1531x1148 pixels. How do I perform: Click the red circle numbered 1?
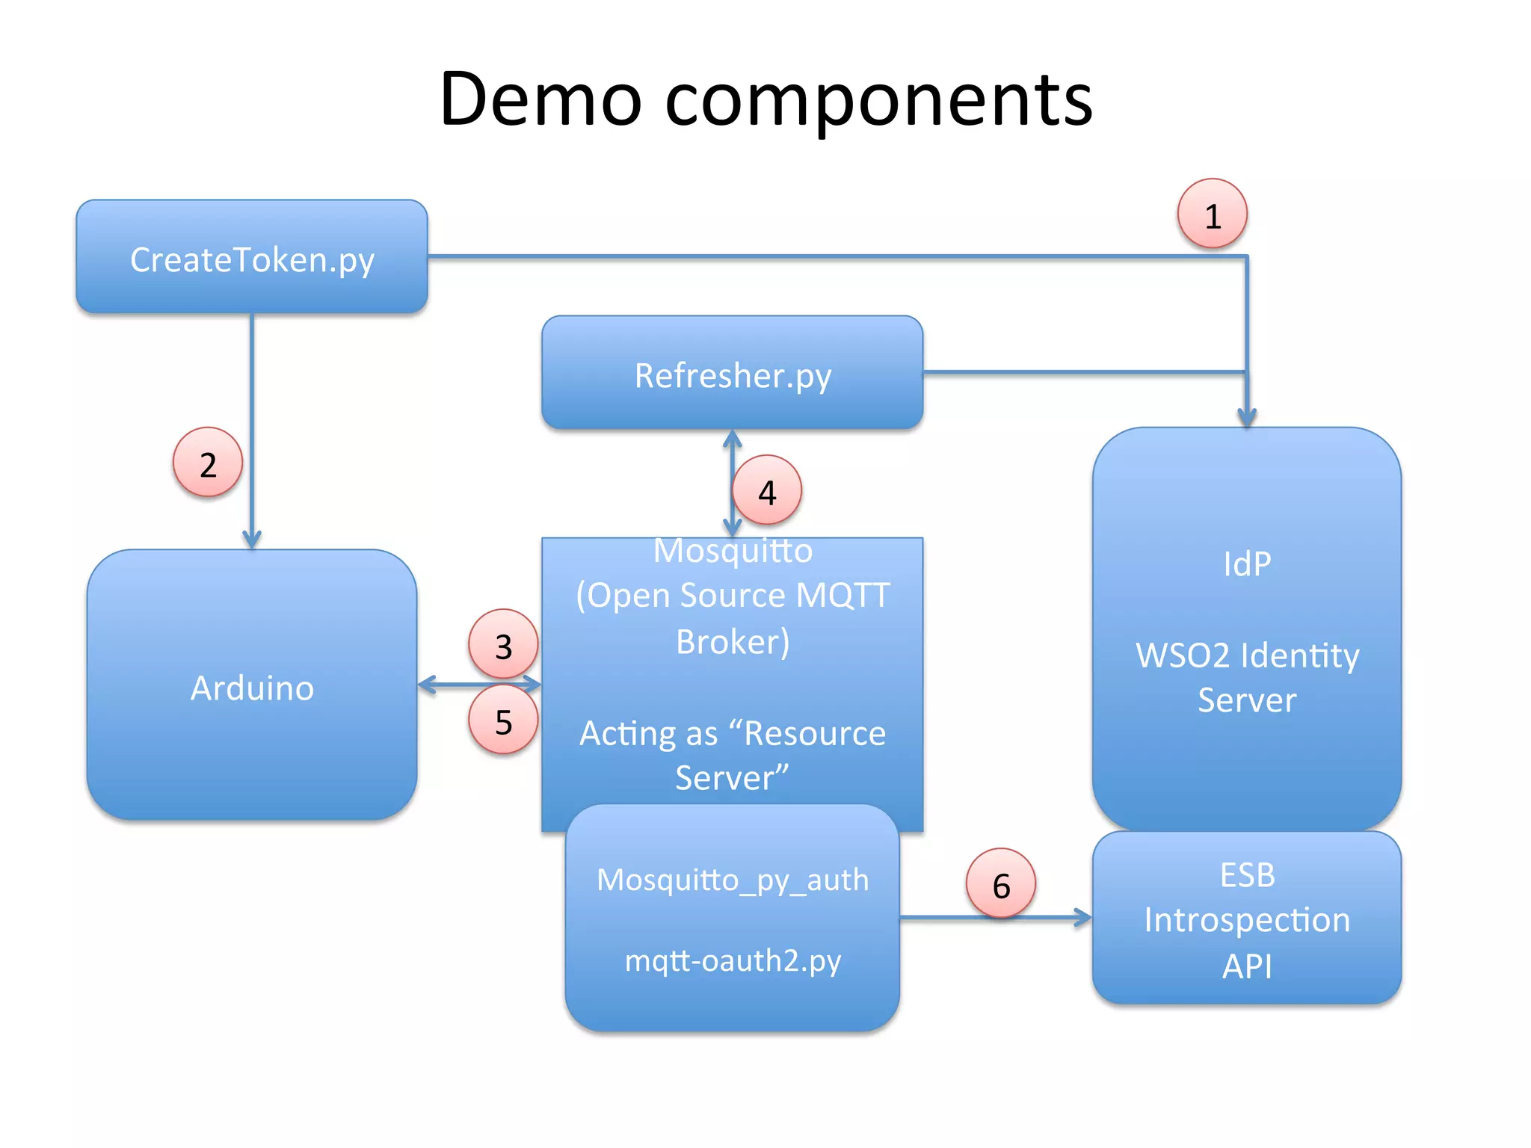coord(1212,214)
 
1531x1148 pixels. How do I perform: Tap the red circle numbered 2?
coord(208,463)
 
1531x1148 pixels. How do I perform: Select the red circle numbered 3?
coord(503,644)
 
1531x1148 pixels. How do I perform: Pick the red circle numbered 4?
coord(767,490)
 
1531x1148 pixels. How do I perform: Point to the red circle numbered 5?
coord(503,720)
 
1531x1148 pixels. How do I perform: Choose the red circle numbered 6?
coord(1001,883)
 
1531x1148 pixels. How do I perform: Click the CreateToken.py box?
coord(252,257)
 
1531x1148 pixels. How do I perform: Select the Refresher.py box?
coord(732,373)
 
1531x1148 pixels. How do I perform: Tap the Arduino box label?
coord(252,687)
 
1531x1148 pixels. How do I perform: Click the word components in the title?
coord(878,101)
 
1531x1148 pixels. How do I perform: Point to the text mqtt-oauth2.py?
coord(733,960)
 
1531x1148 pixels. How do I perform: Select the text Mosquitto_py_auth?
coord(733,880)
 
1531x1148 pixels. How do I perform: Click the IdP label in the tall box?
coord(1246,563)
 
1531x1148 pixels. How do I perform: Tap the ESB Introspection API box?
coord(1246,919)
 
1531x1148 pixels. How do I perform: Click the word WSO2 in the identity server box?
coord(1183,655)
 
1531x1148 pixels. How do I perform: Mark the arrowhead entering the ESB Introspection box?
coord(1083,917)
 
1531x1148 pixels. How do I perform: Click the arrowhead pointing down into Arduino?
coord(252,540)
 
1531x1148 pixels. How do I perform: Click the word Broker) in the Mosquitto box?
coord(732,641)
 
